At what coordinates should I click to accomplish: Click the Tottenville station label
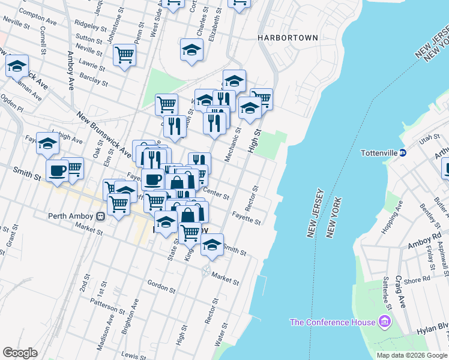(379, 153)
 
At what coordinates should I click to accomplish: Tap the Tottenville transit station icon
(403, 153)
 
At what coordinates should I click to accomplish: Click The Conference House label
(332, 322)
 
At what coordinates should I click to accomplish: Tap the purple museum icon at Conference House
(385, 323)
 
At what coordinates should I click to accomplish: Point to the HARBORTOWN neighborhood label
(288, 38)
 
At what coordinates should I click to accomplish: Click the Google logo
(20, 353)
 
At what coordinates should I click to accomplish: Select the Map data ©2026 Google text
(411, 355)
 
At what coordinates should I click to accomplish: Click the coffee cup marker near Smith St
(58, 171)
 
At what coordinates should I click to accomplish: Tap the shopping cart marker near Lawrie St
(124, 55)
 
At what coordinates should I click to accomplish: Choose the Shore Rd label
(418, 278)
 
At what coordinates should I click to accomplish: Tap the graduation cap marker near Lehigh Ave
(47, 144)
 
